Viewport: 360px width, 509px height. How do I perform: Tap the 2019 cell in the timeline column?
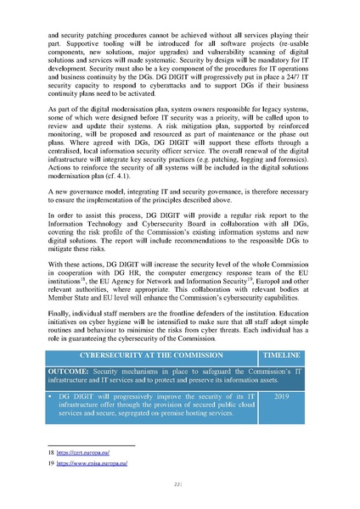282,397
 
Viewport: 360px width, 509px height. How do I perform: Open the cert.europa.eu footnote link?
82,456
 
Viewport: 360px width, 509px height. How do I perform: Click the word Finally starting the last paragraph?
60,311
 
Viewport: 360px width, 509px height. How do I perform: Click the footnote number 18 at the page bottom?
51,456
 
